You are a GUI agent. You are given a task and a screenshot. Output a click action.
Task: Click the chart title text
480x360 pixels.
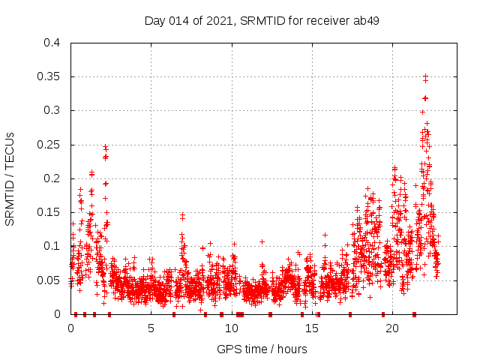coord(262,20)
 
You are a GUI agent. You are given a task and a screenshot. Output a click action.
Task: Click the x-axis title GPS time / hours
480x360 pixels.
coord(262,349)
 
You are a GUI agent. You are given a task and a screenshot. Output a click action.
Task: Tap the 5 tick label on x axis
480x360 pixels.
coord(151,328)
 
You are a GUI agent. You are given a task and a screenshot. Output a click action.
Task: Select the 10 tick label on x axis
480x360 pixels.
coord(231,328)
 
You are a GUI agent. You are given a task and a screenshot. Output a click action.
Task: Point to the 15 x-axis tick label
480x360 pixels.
coord(311,328)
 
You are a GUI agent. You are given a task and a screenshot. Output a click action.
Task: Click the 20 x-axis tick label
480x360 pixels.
coord(391,328)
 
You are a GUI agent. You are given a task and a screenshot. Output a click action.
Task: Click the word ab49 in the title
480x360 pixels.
coord(366,20)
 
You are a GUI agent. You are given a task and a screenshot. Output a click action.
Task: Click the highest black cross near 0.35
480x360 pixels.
coord(425,76)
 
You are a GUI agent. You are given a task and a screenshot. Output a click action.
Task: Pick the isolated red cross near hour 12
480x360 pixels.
coord(262,241)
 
